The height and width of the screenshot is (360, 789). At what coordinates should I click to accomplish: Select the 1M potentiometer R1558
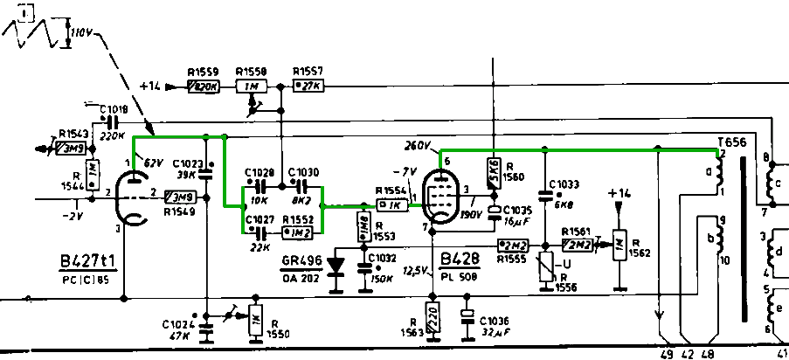(x=252, y=87)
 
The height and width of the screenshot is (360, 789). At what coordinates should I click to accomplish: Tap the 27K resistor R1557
(x=308, y=87)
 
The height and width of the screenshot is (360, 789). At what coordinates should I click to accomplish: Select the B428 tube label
(x=459, y=259)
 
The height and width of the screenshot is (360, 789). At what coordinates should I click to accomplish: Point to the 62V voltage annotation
(x=154, y=163)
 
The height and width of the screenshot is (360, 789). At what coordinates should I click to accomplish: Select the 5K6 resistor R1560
(x=494, y=172)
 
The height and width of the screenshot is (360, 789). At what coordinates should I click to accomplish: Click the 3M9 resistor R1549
(x=180, y=197)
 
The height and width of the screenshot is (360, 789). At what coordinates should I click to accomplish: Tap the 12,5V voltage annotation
(x=415, y=271)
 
